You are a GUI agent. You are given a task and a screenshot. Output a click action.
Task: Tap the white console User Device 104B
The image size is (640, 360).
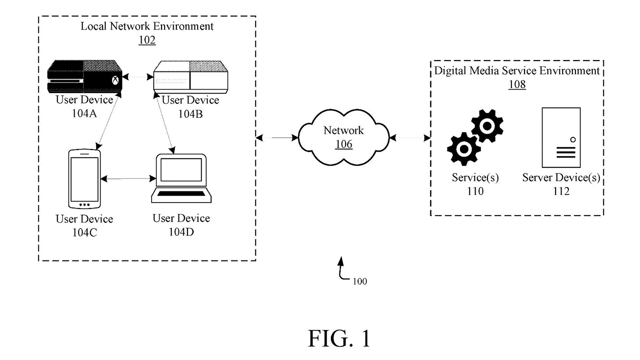pyautogui.click(x=189, y=76)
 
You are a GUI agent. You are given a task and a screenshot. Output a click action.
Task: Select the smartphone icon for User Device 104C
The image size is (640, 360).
pyautogui.click(x=84, y=178)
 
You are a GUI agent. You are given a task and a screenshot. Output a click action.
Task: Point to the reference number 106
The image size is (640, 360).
pyautogui.click(x=344, y=144)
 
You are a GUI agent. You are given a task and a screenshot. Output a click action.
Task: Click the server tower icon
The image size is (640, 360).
pyautogui.click(x=561, y=137)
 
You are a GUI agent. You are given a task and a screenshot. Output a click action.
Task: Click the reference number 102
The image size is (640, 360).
pyautogui.click(x=147, y=40)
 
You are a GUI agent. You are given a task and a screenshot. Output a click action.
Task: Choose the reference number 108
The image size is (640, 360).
pyautogui.click(x=517, y=84)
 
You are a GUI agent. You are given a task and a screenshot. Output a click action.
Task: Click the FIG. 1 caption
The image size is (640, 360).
pyautogui.click(x=339, y=338)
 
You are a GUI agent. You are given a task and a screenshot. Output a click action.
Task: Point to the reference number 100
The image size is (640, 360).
pyautogui.click(x=359, y=281)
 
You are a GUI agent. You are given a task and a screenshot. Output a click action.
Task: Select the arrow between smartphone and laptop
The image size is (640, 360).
pyautogui.click(x=127, y=178)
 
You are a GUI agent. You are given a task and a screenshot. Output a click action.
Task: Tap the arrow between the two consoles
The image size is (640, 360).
pyautogui.click(x=138, y=77)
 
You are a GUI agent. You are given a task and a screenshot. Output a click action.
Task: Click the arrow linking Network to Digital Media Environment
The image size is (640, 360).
pyautogui.click(x=410, y=136)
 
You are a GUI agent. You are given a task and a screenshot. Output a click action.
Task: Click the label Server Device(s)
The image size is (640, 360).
pyautogui.click(x=561, y=178)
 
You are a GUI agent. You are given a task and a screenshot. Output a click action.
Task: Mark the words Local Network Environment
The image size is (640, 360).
pyautogui.click(x=147, y=26)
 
